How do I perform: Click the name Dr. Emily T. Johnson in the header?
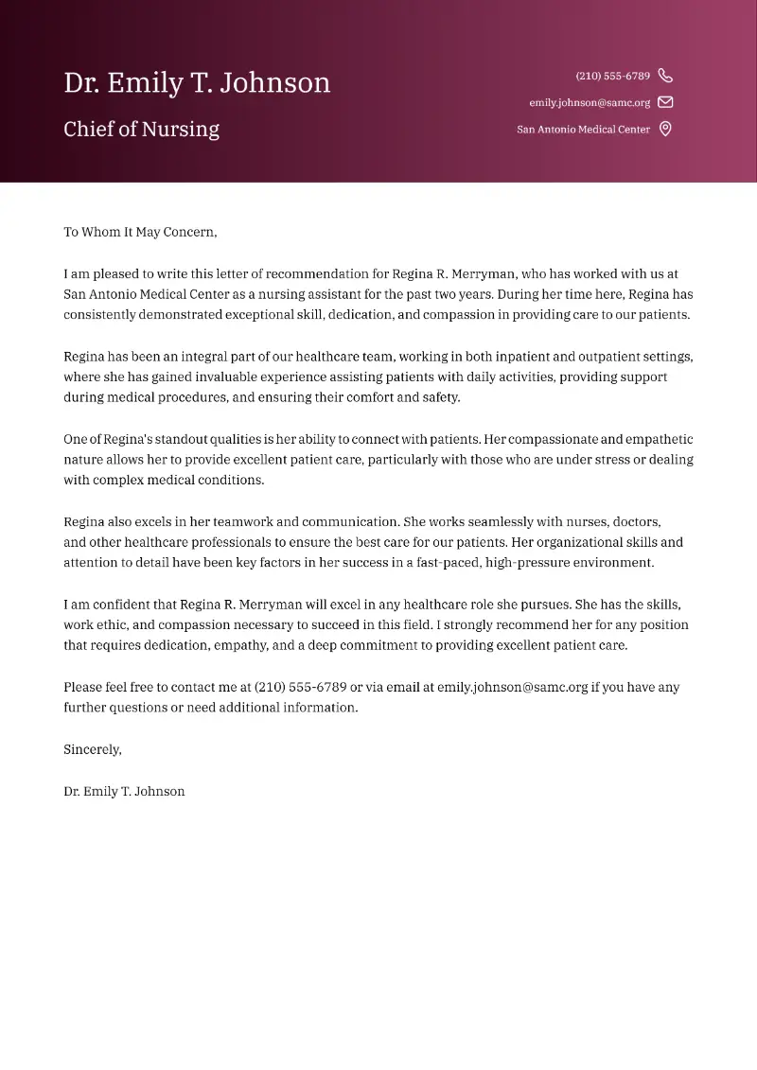pyautogui.click(x=197, y=83)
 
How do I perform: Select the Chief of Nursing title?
pyautogui.click(x=141, y=130)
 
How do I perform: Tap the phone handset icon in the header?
pyautogui.click(x=665, y=76)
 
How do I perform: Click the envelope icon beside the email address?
pyautogui.click(x=665, y=102)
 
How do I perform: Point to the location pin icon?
pyautogui.click(x=665, y=130)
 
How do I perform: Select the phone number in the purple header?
pyautogui.click(x=612, y=76)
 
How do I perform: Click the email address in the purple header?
pyautogui.click(x=590, y=102)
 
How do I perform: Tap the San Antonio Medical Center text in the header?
pyautogui.click(x=583, y=130)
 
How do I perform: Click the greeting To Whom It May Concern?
pyautogui.click(x=140, y=232)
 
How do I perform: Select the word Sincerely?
pyautogui.click(x=93, y=749)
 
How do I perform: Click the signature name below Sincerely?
pyautogui.click(x=124, y=791)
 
